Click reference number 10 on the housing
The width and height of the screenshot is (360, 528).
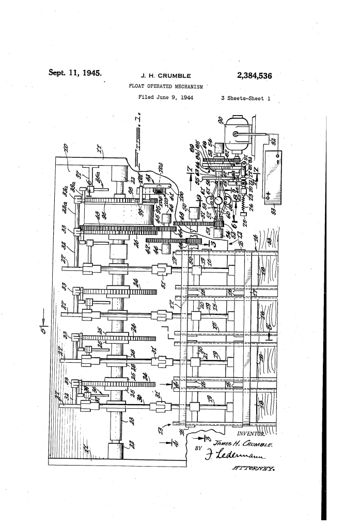tap(66, 150)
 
